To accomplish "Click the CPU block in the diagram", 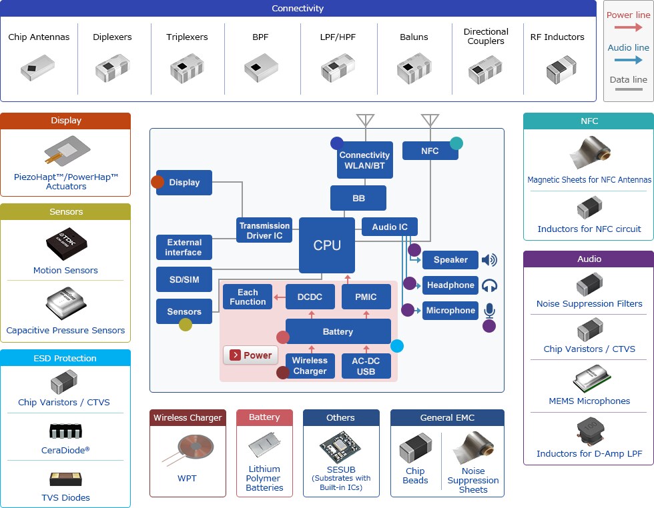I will coord(327,245).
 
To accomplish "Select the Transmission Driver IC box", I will coord(265,231).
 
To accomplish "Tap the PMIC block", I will coord(366,297).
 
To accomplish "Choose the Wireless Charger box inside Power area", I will coord(310,365).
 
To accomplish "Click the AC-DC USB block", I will coord(366,365).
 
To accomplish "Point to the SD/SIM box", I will coord(184,279).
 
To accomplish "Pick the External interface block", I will coord(184,247).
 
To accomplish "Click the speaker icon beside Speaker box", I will coord(489,260).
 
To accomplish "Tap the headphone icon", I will coord(489,285).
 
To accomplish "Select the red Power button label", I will coord(251,355).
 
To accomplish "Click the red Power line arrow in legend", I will coord(628,27).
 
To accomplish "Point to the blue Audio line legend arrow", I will coord(628,60).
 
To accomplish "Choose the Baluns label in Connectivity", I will coord(414,37).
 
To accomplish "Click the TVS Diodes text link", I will coord(65,497).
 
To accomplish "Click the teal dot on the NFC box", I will coord(456,143).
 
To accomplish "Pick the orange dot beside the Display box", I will coord(157,182).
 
